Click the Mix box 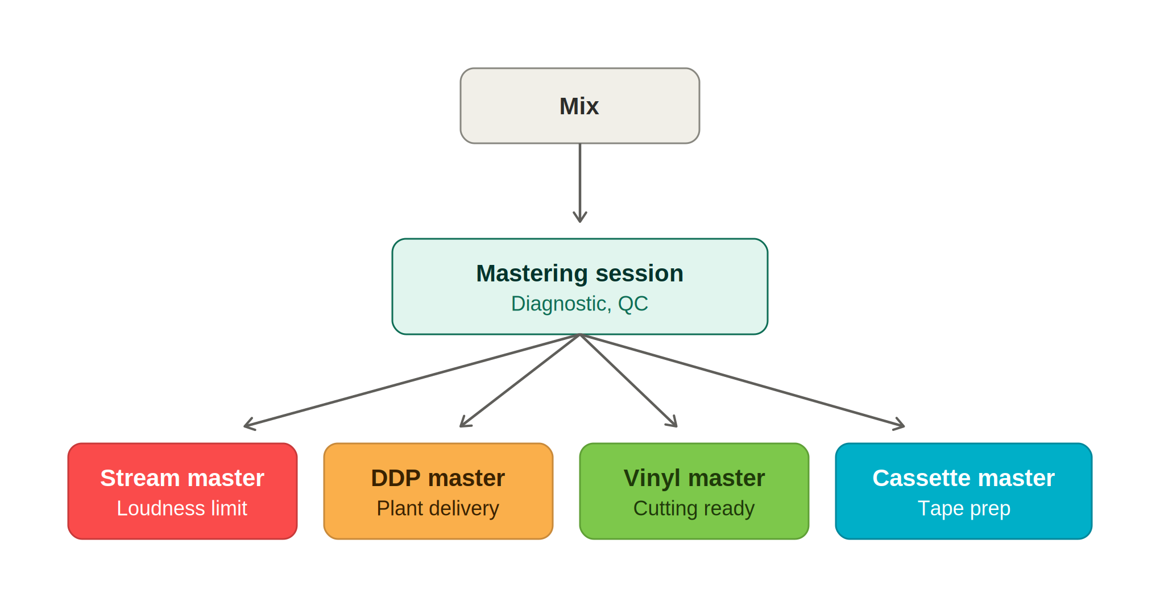(x=579, y=106)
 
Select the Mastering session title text (x=579, y=273)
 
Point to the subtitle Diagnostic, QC (x=579, y=304)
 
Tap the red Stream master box (x=183, y=491)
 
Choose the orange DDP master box (x=438, y=491)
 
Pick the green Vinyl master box (x=694, y=491)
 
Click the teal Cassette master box (x=964, y=491)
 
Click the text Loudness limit (x=182, y=508)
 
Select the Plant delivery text (x=438, y=508)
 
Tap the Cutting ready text (x=694, y=508)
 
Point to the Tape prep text (x=964, y=508)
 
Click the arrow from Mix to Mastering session (x=580, y=182)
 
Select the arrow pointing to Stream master (x=412, y=380)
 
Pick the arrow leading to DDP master (x=520, y=380)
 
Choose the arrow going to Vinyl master (x=628, y=380)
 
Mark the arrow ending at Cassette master (x=742, y=380)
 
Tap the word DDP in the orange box (x=396, y=478)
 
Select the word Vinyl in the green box (x=652, y=478)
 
